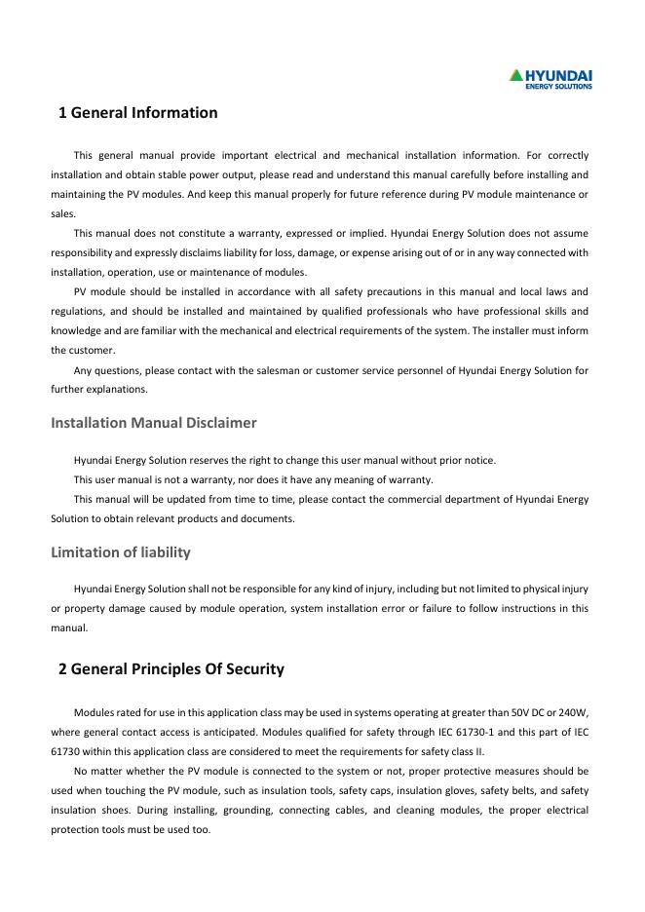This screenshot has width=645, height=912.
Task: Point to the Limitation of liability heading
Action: pyautogui.click(x=120, y=552)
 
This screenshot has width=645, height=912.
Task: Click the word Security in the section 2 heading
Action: pyautogui.click(x=250, y=668)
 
